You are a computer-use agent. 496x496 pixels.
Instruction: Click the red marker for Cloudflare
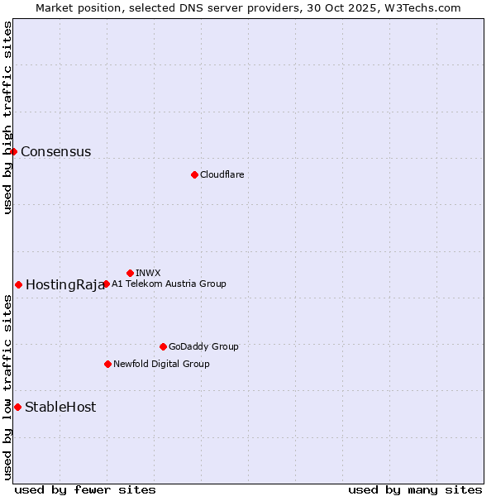tap(194, 174)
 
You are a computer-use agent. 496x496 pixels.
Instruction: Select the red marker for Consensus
tap(14, 151)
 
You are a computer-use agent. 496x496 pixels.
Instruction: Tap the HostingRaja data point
tap(18, 284)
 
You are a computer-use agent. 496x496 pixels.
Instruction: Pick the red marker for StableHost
tap(17, 407)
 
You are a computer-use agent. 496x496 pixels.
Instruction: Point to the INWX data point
tap(130, 273)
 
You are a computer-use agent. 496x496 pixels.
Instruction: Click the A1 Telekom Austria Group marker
tap(106, 284)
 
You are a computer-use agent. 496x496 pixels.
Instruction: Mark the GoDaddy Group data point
tap(163, 346)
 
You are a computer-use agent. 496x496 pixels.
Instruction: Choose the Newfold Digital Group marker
tap(107, 364)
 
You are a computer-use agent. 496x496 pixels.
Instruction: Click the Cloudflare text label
tap(222, 174)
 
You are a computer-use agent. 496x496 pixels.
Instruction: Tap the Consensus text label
tap(55, 151)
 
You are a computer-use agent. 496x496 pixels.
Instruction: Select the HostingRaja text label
tap(64, 285)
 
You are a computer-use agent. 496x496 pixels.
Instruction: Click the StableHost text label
tap(60, 407)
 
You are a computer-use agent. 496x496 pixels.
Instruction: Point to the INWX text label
tap(148, 273)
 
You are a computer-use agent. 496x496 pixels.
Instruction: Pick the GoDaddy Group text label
tap(203, 346)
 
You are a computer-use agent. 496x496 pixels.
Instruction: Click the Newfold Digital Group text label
tap(161, 364)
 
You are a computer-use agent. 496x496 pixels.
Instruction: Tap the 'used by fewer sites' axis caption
tap(85, 489)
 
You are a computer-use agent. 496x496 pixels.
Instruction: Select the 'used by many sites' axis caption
tap(415, 489)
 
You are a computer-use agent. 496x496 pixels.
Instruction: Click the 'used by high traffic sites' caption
tap(7, 117)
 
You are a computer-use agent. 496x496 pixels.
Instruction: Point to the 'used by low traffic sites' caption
tap(7, 387)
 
